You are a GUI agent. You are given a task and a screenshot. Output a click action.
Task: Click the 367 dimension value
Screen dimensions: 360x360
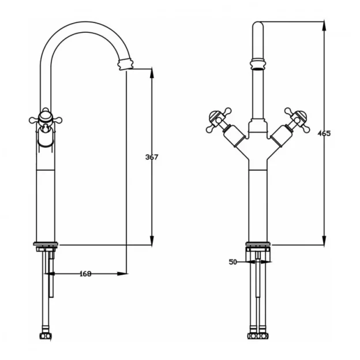click(x=151, y=157)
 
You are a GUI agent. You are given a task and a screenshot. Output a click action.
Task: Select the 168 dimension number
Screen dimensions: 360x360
click(x=86, y=273)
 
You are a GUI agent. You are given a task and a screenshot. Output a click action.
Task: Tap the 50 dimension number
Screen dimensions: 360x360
click(x=232, y=262)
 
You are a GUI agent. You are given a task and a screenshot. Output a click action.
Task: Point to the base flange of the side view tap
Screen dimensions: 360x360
click(x=46, y=246)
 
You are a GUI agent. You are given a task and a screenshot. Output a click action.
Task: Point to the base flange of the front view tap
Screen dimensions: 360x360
click(x=258, y=246)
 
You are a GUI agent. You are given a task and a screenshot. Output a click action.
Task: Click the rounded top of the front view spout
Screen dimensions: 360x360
click(x=258, y=25)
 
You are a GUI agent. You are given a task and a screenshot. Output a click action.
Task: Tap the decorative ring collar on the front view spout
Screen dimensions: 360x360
click(x=258, y=61)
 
